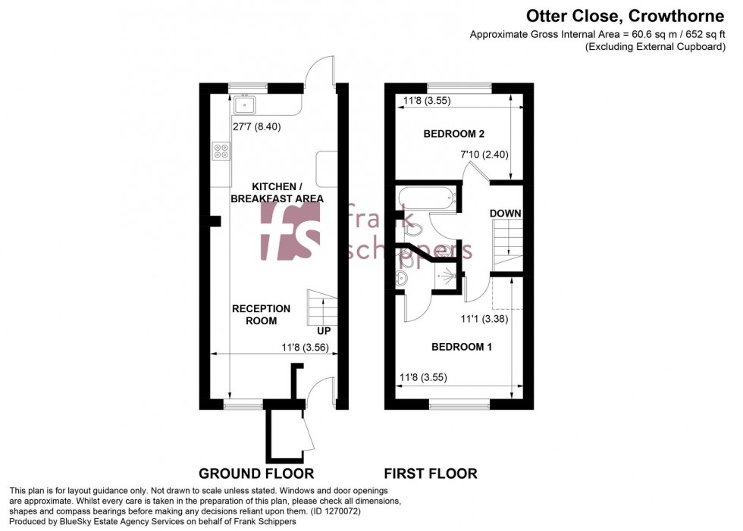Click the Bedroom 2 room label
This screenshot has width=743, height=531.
[x=453, y=134]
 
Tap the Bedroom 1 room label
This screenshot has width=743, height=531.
[x=462, y=347]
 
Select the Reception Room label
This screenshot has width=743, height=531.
[x=261, y=314]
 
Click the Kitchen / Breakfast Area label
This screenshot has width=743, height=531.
[x=287, y=192]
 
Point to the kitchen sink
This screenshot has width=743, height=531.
[x=246, y=103]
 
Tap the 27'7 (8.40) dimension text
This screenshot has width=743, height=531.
[x=256, y=127]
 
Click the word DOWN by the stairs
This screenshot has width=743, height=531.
[x=505, y=214]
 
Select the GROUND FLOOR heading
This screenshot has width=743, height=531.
[x=256, y=474]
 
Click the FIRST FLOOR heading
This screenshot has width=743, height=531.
[x=430, y=474]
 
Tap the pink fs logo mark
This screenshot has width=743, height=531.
[x=290, y=229]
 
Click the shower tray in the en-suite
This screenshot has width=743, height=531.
[x=447, y=277]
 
